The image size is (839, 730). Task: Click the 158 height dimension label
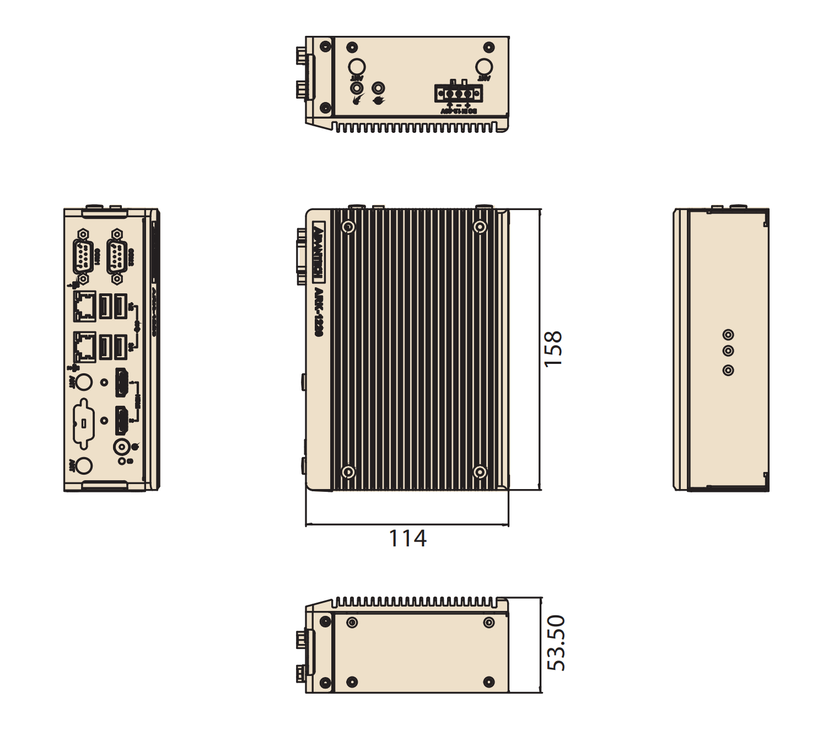553,348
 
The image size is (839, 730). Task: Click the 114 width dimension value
407,539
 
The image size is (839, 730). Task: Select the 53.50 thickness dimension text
556,643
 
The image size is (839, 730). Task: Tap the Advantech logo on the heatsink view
318,250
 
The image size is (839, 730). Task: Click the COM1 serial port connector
83,257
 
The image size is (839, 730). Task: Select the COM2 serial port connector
116,257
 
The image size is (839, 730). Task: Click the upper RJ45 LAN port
84,306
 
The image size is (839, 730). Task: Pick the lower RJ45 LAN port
84,346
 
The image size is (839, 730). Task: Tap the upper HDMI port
121,382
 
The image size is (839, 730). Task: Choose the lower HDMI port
121,421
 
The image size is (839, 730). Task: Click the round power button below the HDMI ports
121,447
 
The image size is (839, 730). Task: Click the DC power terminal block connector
459,93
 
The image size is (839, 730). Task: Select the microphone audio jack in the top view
357,88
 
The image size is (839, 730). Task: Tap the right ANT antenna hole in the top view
483,67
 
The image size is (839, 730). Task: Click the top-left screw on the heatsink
348,227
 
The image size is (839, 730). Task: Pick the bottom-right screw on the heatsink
480,472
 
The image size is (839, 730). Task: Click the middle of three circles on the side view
728,351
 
